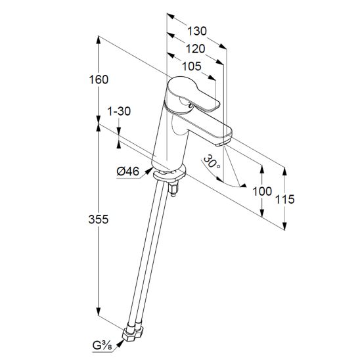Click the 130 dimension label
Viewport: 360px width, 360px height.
coord(197,31)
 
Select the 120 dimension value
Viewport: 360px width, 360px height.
coord(195,49)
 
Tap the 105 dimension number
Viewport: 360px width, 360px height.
coord(192,66)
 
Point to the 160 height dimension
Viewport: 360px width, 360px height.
coord(99,79)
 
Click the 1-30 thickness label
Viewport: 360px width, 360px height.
coord(119,112)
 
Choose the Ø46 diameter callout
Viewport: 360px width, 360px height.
coord(128,171)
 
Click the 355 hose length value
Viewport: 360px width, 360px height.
coord(99,219)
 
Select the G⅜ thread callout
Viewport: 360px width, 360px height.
coord(102,345)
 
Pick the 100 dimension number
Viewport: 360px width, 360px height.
coord(262,191)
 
